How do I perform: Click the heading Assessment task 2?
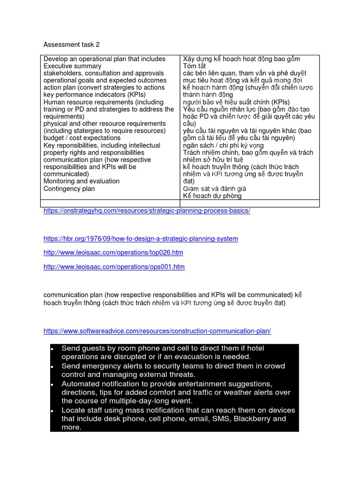pyautogui.click(x=71, y=45)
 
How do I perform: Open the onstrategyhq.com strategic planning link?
pyautogui.click(x=147, y=211)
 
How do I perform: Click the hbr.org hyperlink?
pyautogui.click(x=141, y=239)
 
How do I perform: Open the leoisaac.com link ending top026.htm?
pyautogui.click(x=113, y=253)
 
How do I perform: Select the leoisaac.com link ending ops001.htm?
pyautogui.click(x=114, y=267)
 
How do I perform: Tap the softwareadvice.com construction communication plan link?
pyautogui.click(x=157, y=331)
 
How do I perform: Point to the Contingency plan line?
pyautogui.click(x=69, y=189)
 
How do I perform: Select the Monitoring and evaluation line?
pyautogui.click(x=81, y=181)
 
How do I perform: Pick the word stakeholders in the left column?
pyautogui.click(x=62, y=73)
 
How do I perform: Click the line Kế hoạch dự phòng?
pyautogui.click(x=212, y=196)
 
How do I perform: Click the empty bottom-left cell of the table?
pyautogui.click(x=110, y=203)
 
